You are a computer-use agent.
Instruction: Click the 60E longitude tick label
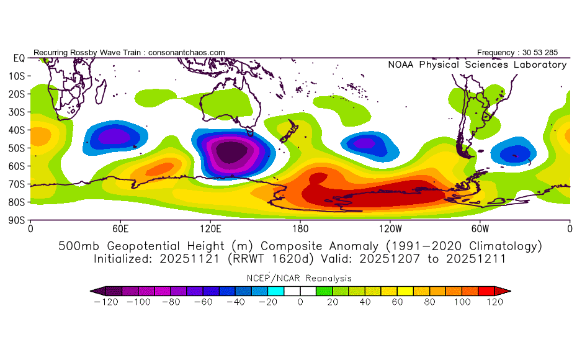coord(120,228)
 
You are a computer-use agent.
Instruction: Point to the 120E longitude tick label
coord(210,228)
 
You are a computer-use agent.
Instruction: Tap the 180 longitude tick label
coord(300,228)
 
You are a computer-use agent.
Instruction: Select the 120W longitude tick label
coord(390,228)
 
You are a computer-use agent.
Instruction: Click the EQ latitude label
coord(19,58)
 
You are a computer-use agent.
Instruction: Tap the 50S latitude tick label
coord(16,148)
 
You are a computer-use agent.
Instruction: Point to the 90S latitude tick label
coord(16,220)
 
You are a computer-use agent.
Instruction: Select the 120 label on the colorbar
coord(494,302)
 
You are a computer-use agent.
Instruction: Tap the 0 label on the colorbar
coord(300,302)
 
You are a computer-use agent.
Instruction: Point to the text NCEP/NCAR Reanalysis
coord(300,278)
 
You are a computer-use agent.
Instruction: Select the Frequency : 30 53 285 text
coord(522,53)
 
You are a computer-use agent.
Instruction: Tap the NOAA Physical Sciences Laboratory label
coord(477,65)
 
